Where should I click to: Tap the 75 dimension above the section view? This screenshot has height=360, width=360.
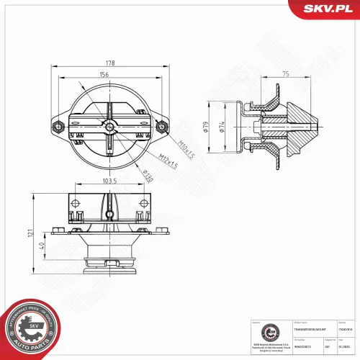pyautogui.click(x=286, y=73)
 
